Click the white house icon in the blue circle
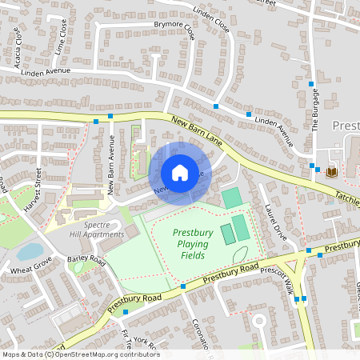click(x=180, y=172)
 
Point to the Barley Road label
click(x=86, y=261)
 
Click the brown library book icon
click(x=331, y=171)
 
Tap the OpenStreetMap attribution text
click(x=80, y=354)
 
